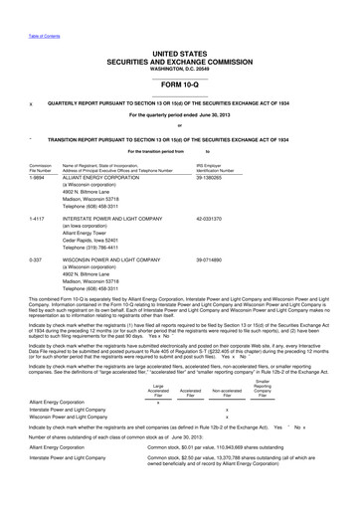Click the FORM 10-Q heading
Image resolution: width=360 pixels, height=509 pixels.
180,84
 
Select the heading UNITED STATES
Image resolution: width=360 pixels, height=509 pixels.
180,49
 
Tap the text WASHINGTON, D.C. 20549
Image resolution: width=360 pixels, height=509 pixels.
180,66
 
